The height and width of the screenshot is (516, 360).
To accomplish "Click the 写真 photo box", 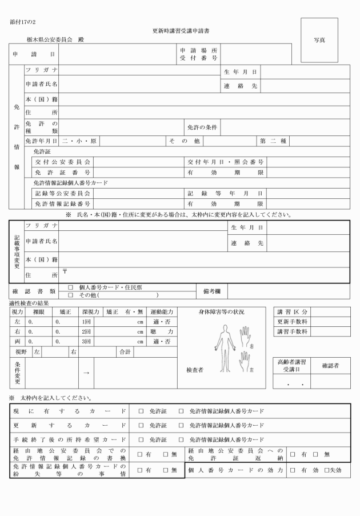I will pyautogui.click(x=319, y=41).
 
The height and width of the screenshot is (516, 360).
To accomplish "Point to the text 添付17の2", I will pyautogui.click(x=22, y=22).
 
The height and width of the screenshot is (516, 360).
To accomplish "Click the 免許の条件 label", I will pyautogui.click(x=202, y=126).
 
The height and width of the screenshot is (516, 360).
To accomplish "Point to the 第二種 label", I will pyautogui.click(x=275, y=141).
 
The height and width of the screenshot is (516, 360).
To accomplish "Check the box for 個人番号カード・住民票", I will pyautogui.click(x=71, y=287).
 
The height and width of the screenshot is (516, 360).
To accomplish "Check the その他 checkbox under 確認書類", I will pyautogui.click(x=71, y=295).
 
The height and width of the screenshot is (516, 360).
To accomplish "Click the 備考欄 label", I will pyautogui.click(x=210, y=291).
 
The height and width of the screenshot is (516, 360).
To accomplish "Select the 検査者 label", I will pyautogui.click(x=194, y=370).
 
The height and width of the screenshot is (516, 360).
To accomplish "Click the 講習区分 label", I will pyautogui.click(x=293, y=312).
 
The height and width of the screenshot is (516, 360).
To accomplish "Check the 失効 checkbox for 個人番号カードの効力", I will pyautogui.click(x=326, y=470).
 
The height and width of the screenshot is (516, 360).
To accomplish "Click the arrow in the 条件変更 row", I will pyautogui.click(x=86, y=373).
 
